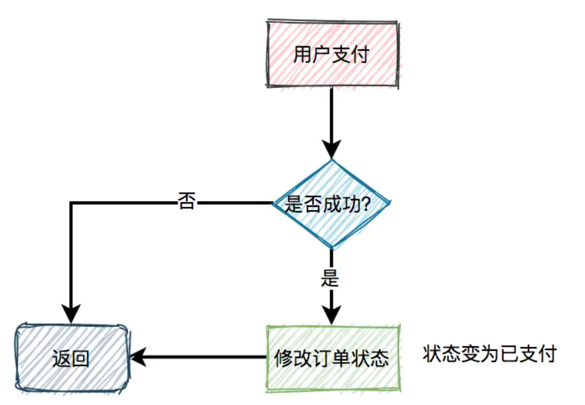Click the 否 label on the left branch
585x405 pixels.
tap(187, 202)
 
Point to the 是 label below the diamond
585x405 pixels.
tap(329, 278)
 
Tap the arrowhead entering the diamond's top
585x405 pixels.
tap(331, 149)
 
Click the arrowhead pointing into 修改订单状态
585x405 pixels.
tap(331, 314)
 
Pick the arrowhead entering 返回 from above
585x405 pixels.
tap(71, 312)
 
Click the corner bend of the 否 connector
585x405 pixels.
tap(71, 203)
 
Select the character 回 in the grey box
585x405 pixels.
tap(81, 358)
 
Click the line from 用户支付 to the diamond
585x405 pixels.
tap(331, 112)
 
